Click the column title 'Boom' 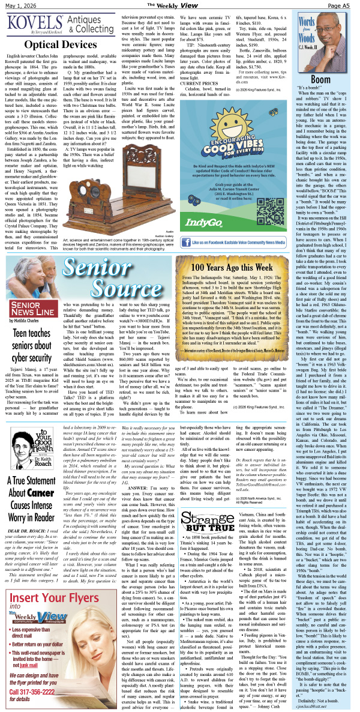click(x=320, y=79)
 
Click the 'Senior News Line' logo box click(x=28, y=309)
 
